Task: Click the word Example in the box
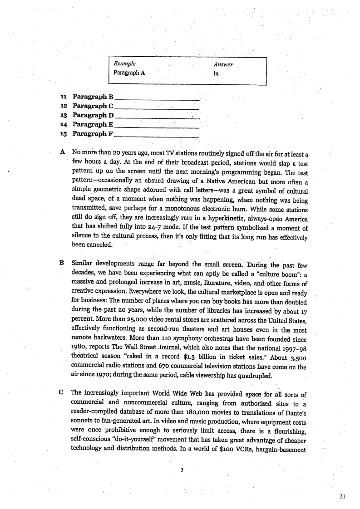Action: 124,64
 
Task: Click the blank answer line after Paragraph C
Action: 158,108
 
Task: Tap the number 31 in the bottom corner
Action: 342,496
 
